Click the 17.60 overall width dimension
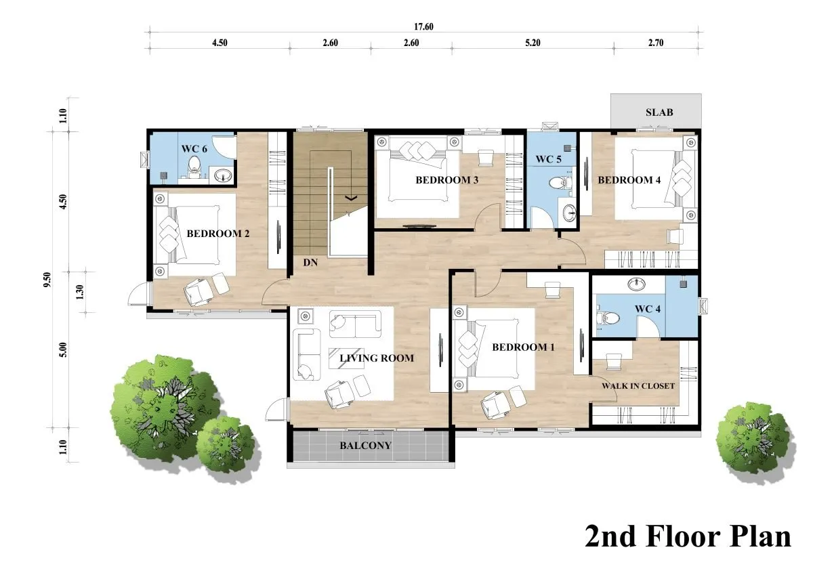423,27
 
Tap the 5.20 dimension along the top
533,43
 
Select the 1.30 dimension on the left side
80,292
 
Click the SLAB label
659,112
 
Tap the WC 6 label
194,149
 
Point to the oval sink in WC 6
222,176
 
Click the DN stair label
311,262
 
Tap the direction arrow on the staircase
351,198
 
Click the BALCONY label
365,446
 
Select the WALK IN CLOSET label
638,386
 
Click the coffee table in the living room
346,358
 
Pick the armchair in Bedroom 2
198,292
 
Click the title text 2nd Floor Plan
688,536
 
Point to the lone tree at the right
755,442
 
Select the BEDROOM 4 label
629,180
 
